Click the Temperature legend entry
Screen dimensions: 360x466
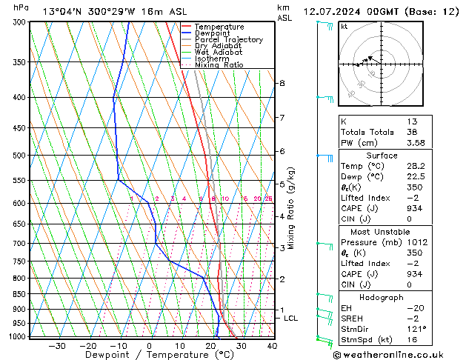[x=219, y=27]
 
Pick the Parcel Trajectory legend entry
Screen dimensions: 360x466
[x=228, y=40]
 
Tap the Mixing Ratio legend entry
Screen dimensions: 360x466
[x=219, y=65]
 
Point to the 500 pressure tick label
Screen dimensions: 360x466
[x=20, y=156]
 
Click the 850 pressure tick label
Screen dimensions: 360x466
[x=20, y=294]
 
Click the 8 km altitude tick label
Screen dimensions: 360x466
[x=282, y=84]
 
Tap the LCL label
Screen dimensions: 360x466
[x=291, y=319]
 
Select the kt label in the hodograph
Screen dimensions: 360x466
[x=344, y=27]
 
